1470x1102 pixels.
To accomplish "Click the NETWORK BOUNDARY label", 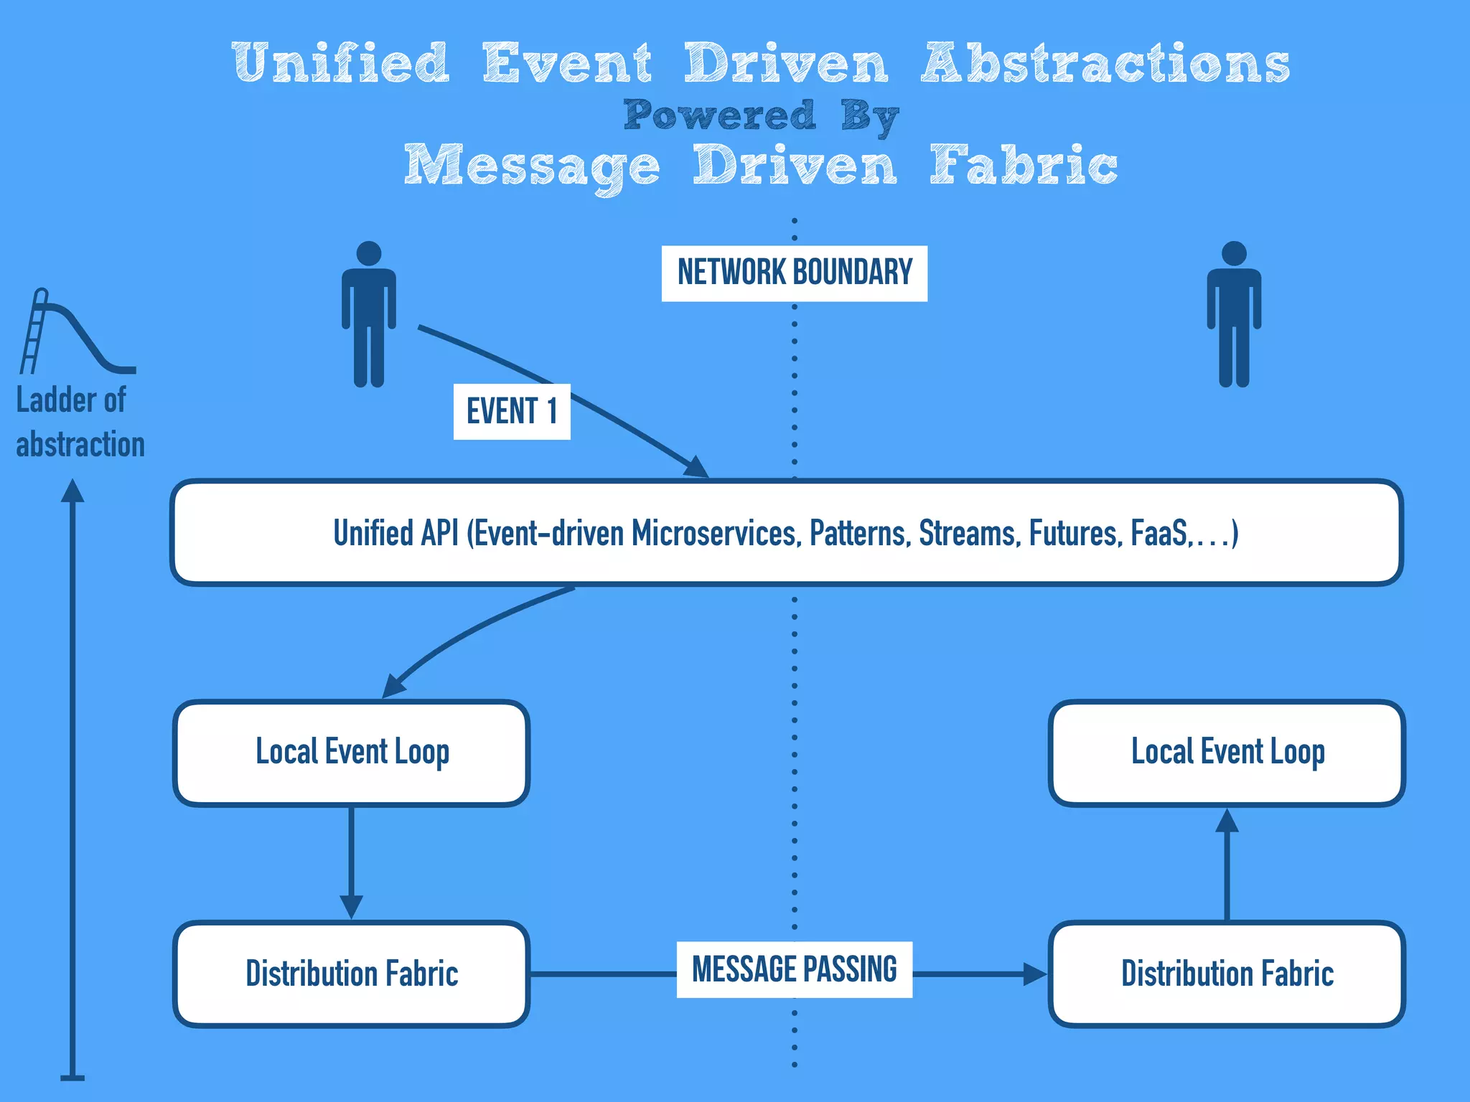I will coord(794,273).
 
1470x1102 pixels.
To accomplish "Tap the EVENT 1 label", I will coord(512,412).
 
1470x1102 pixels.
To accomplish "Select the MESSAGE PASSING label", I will coord(794,969).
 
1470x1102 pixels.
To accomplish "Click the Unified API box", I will coord(786,533).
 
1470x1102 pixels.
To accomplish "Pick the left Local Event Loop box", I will coord(352,753).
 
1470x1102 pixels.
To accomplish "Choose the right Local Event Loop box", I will coord(1227,753).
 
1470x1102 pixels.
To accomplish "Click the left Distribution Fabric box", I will coord(352,974).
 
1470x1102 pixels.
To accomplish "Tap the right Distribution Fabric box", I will coord(1227,974).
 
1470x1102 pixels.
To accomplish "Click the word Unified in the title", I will coord(341,63).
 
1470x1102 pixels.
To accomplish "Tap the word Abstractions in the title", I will coord(1105,63).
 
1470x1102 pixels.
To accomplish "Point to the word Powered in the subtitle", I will coord(720,115).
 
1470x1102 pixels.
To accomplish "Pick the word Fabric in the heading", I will coord(1024,165).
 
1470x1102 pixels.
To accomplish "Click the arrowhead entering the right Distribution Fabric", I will coord(1035,974).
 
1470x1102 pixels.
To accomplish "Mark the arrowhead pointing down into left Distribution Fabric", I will coord(351,907).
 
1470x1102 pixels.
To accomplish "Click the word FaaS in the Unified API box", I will coord(1158,533).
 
